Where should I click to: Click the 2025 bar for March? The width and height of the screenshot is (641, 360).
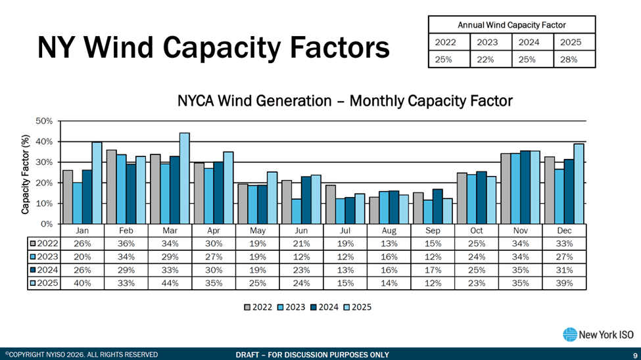185,179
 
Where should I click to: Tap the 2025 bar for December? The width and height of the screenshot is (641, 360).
579,184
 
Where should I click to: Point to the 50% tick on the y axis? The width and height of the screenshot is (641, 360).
44,122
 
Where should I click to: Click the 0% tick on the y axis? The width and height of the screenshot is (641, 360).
46,224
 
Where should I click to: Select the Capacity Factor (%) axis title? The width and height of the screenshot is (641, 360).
26,172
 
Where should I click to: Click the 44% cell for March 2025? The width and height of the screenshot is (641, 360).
170,283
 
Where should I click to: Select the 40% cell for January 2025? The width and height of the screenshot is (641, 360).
82,283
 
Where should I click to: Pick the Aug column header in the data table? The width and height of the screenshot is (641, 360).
389,231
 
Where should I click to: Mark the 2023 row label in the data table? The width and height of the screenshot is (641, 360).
45,257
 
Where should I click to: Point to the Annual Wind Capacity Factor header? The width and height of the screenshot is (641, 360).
511,25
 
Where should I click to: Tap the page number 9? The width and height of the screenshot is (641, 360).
635,355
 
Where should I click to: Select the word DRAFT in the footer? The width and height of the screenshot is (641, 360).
250,355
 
